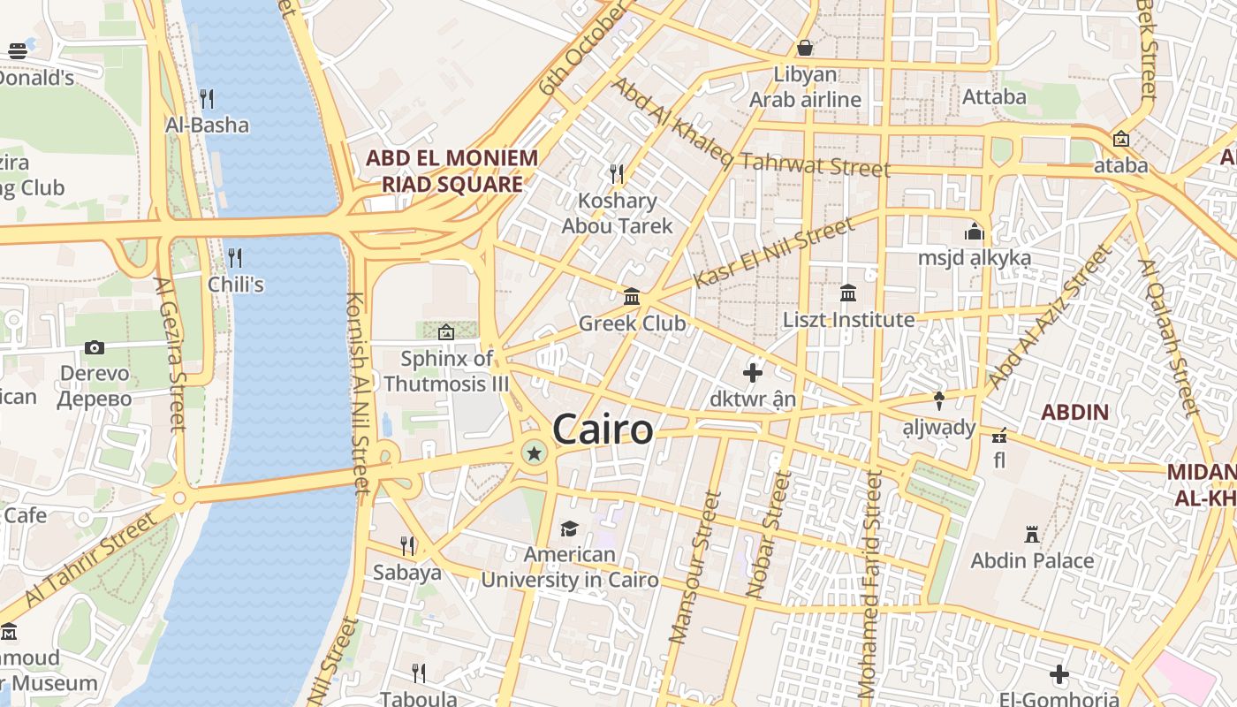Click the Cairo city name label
(603, 430)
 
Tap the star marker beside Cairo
(534, 454)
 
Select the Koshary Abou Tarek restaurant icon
(617, 173)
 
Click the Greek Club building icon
(632, 297)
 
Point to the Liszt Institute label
(848, 319)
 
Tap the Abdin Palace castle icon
(1031, 534)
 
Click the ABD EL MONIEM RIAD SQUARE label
(452, 171)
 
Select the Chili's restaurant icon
(235, 258)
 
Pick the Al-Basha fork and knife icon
(207, 98)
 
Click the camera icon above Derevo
(95, 347)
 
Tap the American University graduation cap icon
(569, 528)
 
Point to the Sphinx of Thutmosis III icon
(446, 332)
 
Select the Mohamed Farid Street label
(870, 583)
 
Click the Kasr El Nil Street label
(774, 253)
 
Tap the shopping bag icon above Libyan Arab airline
(805, 48)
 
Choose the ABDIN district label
(1074, 412)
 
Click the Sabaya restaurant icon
(406, 545)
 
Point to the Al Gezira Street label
(171, 353)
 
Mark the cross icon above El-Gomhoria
(1059, 675)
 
